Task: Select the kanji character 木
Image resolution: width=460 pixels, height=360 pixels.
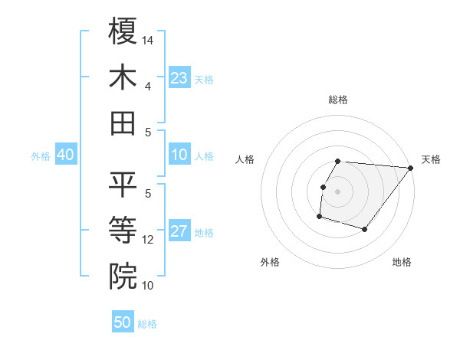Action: point(123,78)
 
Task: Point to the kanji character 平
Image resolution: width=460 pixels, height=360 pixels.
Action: point(123,184)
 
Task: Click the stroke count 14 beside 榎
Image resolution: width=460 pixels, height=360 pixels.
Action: point(148,39)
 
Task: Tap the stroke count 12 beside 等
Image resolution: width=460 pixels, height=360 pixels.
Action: point(148,240)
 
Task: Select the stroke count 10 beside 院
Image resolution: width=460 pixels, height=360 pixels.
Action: point(148,285)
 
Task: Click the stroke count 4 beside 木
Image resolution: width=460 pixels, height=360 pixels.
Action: point(147,86)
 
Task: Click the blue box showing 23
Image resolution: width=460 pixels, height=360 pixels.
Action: point(179,78)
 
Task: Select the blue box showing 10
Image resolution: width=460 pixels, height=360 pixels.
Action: point(179,155)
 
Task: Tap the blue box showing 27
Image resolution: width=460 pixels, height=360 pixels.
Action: point(179,232)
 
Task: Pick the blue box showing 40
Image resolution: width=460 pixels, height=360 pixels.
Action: point(65,155)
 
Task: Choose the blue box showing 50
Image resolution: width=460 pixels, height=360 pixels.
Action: point(123,322)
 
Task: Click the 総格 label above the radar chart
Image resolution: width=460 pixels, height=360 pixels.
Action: point(338,100)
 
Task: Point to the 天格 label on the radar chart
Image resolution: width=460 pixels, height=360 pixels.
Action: point(431,159)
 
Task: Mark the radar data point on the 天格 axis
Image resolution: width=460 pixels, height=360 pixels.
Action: point(410,168)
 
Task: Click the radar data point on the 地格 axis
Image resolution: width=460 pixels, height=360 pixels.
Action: point(365,229)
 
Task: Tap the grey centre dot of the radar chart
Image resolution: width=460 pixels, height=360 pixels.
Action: point(337,191)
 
